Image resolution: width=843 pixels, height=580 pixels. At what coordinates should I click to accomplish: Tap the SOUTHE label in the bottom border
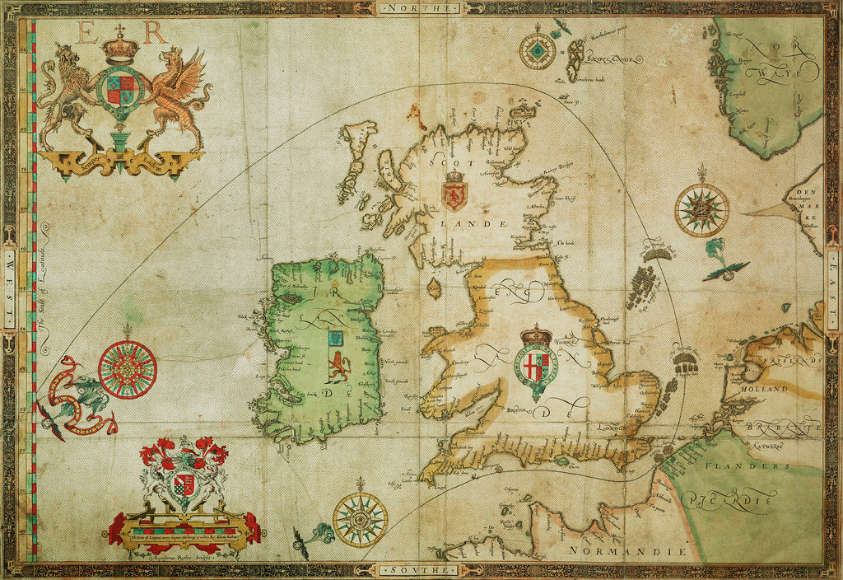coord(421,570)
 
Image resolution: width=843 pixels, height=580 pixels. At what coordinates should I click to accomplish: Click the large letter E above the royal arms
coord(85,33)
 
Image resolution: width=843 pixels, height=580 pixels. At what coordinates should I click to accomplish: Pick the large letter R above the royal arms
coord(154,33)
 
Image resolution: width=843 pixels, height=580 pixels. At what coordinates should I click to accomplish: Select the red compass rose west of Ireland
coord(128,369)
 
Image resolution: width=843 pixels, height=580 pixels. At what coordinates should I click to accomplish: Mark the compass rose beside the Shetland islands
coord(537,51)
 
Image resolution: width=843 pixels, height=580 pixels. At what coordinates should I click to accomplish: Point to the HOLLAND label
coord(764,388)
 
